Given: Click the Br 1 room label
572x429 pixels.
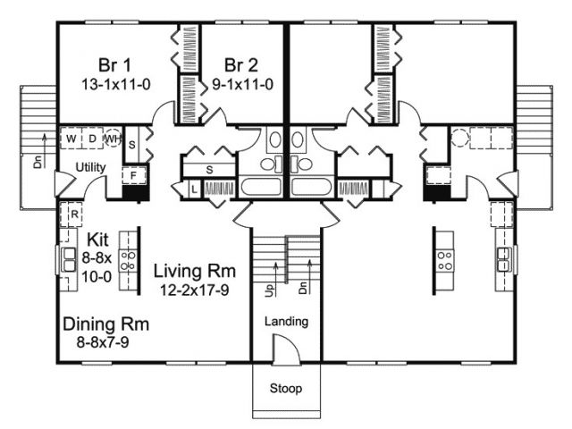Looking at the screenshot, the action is tap(114, 65).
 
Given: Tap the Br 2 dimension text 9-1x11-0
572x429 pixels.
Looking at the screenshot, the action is tap(242, 85).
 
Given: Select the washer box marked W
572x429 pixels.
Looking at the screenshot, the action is tap(71, 139).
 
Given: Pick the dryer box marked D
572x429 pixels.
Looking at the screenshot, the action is tap(92, 139).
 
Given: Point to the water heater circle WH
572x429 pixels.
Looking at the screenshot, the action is tap(113, 139).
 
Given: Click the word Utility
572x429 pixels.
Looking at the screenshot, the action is tap(90, 167).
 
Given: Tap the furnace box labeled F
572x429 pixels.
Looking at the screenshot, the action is tap(133, 175).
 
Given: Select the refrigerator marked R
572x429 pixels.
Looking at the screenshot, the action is tap(71, 214).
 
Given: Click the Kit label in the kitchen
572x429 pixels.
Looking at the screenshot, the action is tap(97, 240).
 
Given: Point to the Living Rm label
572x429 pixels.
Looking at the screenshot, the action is tap(195, 271).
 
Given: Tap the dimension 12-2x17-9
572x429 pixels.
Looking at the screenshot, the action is tap(195, 290).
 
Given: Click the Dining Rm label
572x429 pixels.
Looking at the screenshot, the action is tap(105, 324).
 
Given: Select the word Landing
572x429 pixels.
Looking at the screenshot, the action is tap(286, 322).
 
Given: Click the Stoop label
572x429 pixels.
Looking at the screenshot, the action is tap(286, 389).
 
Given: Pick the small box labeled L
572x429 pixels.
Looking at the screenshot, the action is tap(195, 189).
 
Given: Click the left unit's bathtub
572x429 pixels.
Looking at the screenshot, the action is tap(261, 187).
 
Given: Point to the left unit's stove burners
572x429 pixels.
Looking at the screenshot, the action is tap(128, 260).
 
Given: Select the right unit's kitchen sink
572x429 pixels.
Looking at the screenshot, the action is tap(505, 258).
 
